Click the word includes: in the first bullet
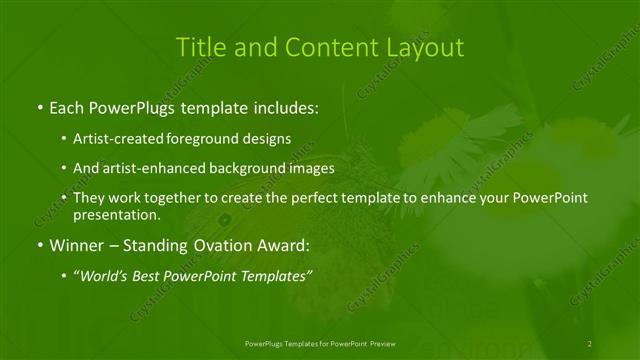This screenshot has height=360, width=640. (x=284, y=105)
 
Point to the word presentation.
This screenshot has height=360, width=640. (x=116, y=214)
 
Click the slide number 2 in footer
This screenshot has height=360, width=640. (x=591, y=343)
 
